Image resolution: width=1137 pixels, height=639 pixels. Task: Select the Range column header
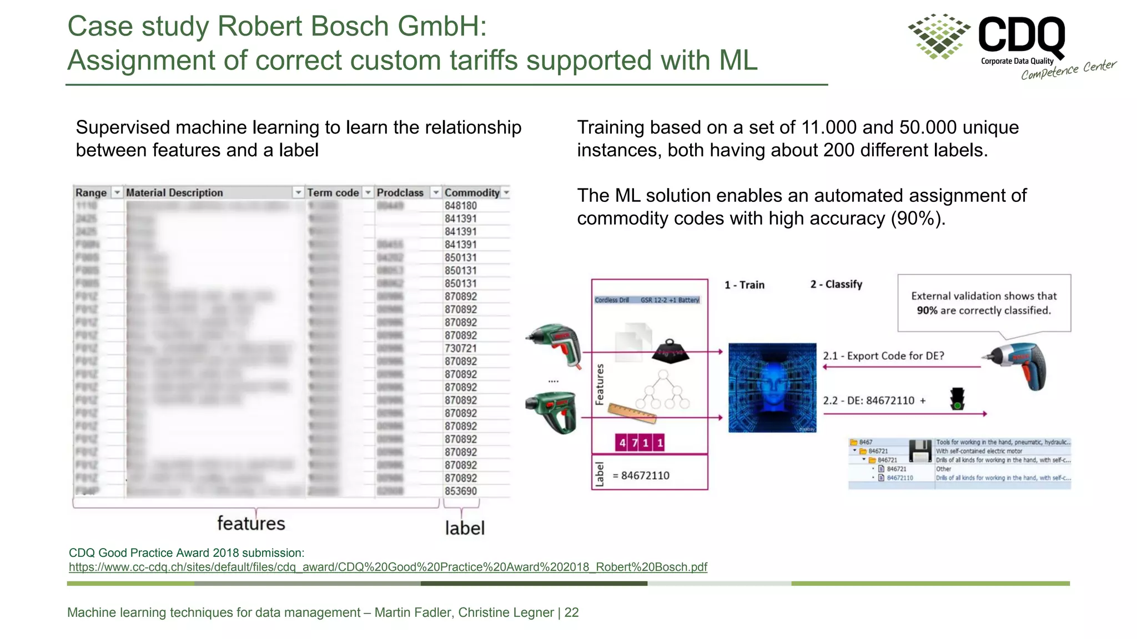click(x=91, y=192)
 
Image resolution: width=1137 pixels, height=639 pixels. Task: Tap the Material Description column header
click(x=174, y=192)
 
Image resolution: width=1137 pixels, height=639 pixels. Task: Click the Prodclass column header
click(x=400, y=192)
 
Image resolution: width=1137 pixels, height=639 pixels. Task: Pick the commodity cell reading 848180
click(x=460, y=206)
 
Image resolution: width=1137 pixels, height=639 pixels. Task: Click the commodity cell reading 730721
click(x=460, y=348)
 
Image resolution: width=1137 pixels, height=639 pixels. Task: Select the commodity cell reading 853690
click(x=460, y=491)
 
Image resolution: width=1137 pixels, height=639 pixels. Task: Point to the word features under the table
click(x=251, y=523)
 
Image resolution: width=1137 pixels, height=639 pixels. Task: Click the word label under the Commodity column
click(x=465, y=528)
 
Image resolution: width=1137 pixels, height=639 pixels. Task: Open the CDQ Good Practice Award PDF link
click(x=388, y=567)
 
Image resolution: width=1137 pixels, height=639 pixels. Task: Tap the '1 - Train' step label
click(x=744, y=285)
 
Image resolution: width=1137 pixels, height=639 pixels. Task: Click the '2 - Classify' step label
click(x=836, y=285)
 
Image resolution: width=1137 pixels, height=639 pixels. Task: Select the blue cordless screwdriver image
click(x=1015, y=365)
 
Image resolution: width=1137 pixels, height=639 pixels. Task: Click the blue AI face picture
click(x=772, y=388)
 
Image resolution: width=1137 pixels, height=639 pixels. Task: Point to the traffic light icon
click(x=957, y=398)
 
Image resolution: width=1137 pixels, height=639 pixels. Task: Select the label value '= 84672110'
click(x=641, y=475)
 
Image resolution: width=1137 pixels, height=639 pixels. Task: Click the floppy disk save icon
click(x=920, y=450)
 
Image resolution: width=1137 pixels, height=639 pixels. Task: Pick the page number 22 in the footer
click(x=571, y=612)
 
